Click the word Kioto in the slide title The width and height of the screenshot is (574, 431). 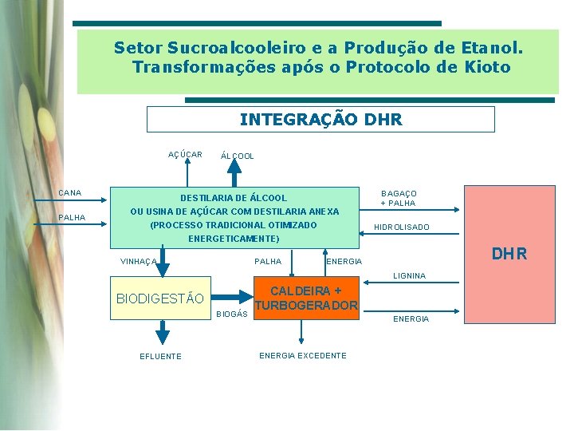click(485, 67)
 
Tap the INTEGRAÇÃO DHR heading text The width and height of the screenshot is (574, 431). click(320, 120)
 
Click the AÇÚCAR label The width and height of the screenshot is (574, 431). click(185, 154)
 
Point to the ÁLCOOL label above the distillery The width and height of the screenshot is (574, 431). click(238, 156)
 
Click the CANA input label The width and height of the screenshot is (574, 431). click(70, 193)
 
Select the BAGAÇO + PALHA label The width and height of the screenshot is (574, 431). click(399, 198)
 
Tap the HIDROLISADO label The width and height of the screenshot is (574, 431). click(402, 227)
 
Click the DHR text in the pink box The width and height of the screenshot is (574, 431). click(509, 255)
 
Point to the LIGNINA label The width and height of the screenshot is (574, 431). click(409, 276)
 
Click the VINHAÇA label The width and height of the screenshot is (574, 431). click(138, 262)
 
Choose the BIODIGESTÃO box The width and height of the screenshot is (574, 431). click(160, 299)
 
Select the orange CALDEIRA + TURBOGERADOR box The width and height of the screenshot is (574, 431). click(306, 299)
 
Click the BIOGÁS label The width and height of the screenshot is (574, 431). click(233, 314)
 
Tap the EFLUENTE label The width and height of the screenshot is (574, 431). click(161, 356)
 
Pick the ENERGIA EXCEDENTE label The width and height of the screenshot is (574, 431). click(303, 355)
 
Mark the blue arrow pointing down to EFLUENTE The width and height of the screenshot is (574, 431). click(162, 333)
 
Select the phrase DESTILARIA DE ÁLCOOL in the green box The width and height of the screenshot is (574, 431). click(234, 198)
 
